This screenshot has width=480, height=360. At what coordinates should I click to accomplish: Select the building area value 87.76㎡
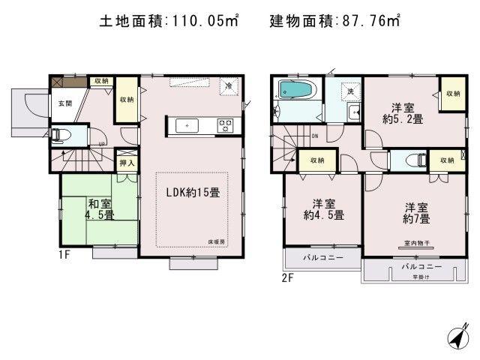coord(367,22)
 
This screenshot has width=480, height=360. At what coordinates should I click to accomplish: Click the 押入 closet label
coord(127,163)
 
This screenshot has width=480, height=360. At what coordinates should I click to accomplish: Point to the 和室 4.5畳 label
coord(100,208)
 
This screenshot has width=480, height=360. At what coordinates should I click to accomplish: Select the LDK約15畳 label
coord(193,193)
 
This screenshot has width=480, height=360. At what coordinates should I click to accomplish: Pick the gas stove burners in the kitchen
coord(225,125)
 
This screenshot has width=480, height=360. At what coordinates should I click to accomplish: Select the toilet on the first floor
coord(63,136)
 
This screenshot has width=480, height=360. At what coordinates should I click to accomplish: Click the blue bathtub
coord(298,91)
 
